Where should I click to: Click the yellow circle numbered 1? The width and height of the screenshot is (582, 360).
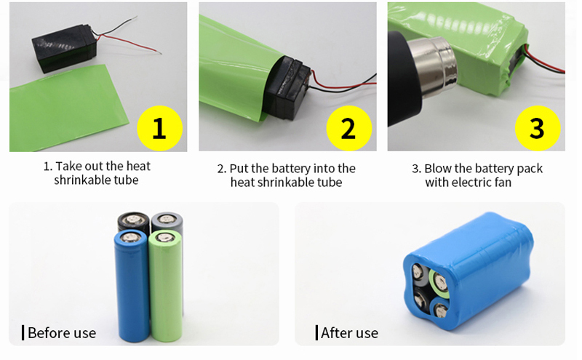point(159,129)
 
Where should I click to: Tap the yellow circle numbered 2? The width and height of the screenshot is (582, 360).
point(349,129)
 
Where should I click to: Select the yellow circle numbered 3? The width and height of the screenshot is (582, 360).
point(538,129)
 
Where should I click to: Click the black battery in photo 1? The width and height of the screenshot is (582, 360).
point(64,48)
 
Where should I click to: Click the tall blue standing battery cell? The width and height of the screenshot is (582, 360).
point(132,285)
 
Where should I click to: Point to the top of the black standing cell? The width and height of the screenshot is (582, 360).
point(134,219)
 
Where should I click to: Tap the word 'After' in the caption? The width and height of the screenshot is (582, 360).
point(335,333)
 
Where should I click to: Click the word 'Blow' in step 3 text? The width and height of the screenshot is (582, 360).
point(438,169)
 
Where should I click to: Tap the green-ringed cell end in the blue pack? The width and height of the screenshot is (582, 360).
point(440,281)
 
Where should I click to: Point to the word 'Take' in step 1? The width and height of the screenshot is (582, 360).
point(68,166)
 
